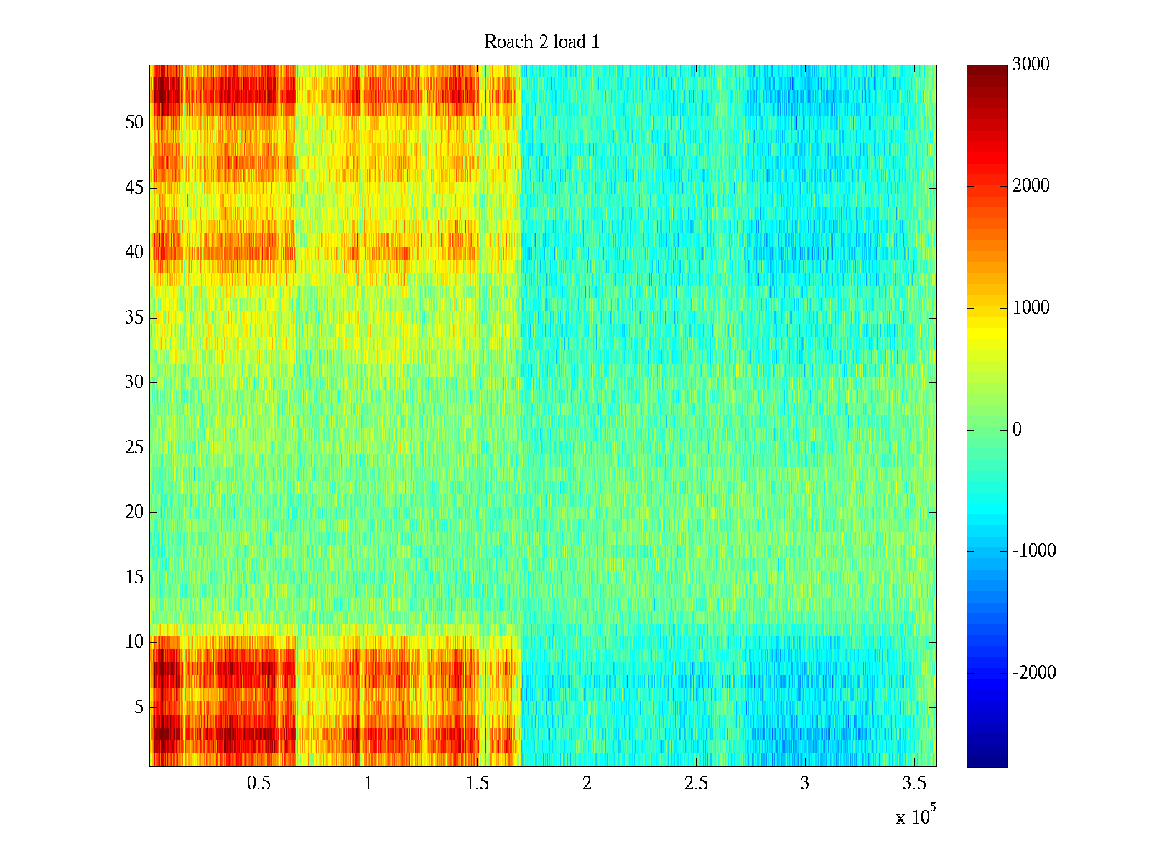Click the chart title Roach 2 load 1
[x=541, y=42]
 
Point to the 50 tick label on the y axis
[x=134, y=123]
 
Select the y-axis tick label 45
[x=134, y=188]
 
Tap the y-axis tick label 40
[x=134, y=253]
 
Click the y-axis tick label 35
[x=134, y=318]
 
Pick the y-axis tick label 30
[x=134, y=382]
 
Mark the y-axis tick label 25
[x=134, y=448]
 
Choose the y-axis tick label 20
[x=134, y=512]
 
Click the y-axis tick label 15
[x=134, y=578]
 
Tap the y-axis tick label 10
[x=134, y=642]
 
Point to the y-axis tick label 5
[x=139, y=707]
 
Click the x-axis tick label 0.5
[x=259, y=784]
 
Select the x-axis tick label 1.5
[x=477, y=784]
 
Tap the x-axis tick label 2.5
[x=696, y=784]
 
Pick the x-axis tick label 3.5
[x=914, y=784]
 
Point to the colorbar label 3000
[x=1031, y=65]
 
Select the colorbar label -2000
[x=1034, y=673]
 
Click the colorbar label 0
[x=1017, y=430]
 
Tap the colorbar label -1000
[x=1034, y=551]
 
